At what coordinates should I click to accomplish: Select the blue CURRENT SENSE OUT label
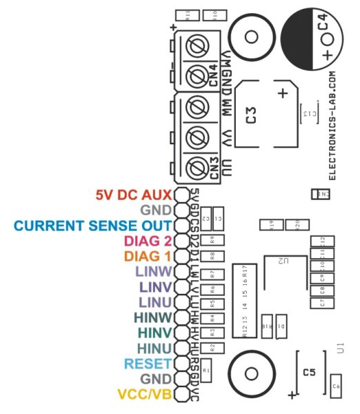pyautogui.click(x=92, y=226)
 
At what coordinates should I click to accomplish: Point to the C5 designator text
pyautogui.click(x=310, y=373)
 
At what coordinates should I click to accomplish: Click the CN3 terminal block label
pyautogui.click(x=214, y=170)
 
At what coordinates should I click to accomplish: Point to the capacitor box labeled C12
pyautogui.click(x=319, y=239)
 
